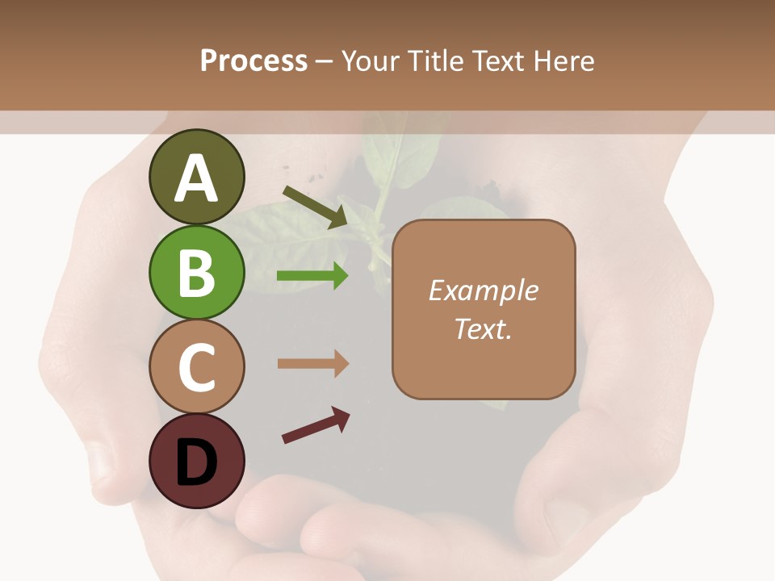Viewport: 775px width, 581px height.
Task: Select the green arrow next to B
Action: click(313, 276)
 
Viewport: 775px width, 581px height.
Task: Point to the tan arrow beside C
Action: click(313, 363)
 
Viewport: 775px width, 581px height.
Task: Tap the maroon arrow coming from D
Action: click(316, 425)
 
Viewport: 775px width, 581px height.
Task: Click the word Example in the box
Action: click(483, 290)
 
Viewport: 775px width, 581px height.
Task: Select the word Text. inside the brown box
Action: click(483, 329)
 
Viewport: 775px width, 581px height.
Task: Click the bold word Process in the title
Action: click(253, 61)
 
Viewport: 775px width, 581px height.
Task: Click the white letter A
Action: click(196, 179)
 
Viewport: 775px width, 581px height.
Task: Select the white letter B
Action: click(196, 274)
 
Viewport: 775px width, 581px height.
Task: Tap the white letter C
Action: click(196, 368)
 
